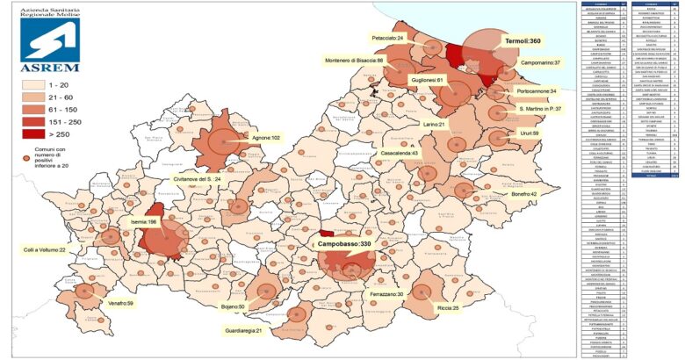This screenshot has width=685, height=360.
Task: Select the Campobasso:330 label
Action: [345, 243]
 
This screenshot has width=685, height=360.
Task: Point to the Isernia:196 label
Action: [141, 222]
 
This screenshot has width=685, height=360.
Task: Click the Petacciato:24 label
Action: [387, 39]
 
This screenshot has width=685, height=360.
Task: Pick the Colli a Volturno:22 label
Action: [51, 249]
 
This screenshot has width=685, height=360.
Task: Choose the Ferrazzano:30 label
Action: [386, 294]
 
